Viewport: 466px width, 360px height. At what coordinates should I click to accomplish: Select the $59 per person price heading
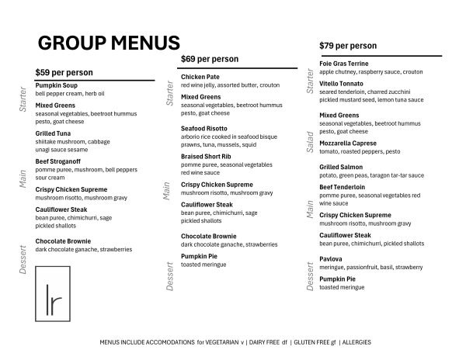(x=64, y=72)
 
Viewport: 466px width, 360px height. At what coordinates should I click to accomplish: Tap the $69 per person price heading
(x=210, y=59)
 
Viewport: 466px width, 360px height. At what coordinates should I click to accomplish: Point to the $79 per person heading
(x=348, y=46)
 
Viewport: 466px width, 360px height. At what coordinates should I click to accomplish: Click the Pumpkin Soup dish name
(x=57, y=85)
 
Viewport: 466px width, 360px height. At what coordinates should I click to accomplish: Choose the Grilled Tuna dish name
(x=54, y=133)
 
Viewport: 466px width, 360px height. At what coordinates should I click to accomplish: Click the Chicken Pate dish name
(x=201, y=77)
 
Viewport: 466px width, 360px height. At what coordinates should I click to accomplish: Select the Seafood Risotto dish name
(x=204, y=128)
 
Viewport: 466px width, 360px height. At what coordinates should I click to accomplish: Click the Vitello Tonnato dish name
(x=341, y=83)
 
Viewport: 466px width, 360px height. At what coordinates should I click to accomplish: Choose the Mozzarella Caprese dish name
(x=348, y=144)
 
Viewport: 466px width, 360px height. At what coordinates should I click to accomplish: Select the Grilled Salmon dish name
(x=341, y=167)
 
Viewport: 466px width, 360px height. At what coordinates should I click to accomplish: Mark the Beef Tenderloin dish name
(x=343, y=187)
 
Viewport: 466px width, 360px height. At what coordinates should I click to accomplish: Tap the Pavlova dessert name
(x=331, y=259)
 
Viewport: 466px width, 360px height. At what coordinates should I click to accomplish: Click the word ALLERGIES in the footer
(x=357, y=342)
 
